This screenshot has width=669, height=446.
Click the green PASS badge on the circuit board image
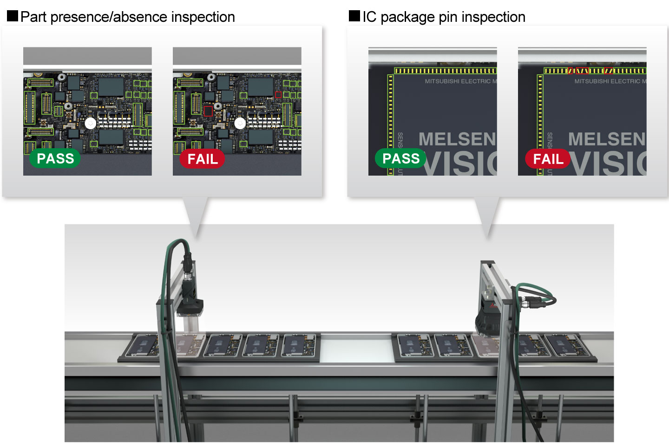(x=55, y=158)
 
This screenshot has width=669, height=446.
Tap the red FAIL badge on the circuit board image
(x=202, y=159)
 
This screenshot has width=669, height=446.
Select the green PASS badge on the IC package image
(x=400, y=158)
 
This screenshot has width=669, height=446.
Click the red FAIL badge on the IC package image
(x=548, y=159)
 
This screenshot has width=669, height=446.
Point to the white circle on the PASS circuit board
(x=90, y=123)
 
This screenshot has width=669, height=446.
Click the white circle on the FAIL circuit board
(x=240, y=123)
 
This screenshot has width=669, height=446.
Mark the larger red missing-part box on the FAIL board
(x=208, y=111)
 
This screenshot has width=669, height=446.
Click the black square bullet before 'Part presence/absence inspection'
(x=13, y=16)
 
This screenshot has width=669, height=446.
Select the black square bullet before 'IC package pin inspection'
(x=354, y=16)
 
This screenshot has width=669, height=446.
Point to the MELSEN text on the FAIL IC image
(x=607, y=139)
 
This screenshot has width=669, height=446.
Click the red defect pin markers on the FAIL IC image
(x=582, y=71)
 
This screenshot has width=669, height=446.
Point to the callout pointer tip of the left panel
(x=197, y=237)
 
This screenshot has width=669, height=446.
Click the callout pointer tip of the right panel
(x=488, y=237)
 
